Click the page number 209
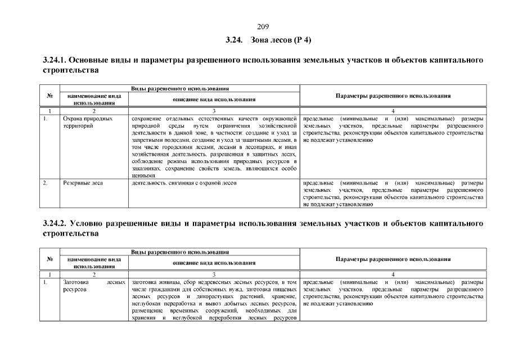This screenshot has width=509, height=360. [x=263, y=26]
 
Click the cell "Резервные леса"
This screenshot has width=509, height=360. [x=83, y=183]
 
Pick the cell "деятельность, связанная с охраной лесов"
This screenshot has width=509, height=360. [x=183, y=183]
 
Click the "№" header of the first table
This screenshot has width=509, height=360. [x=50, y=96]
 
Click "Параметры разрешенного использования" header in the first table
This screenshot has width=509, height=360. [x=393, y=96]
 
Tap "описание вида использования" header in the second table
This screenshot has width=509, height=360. [x=214, y=263]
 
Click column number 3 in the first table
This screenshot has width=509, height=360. [x=214, y=111]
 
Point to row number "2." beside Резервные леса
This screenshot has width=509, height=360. [x=46, y=183]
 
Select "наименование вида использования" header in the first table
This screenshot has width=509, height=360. [x=94, y=100]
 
